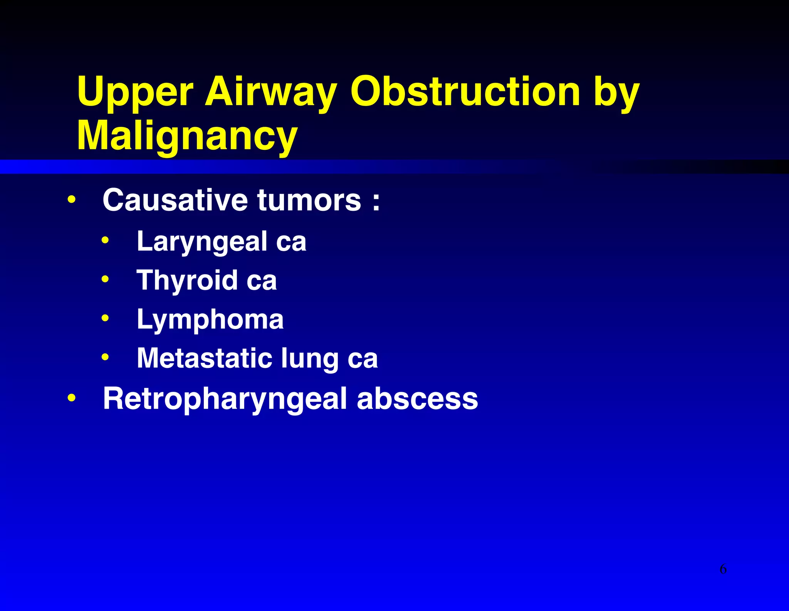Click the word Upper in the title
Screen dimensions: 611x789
tap(135, 92)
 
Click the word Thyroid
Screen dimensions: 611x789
tap(187, 280)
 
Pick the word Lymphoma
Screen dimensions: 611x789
tap(210, 320)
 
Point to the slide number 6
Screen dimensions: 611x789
tap(723, 569)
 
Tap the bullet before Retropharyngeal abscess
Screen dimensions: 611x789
tap(71, 398)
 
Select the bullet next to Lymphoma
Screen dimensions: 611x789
tap(105, 319)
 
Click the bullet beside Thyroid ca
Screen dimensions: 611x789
tap(105, 279)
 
